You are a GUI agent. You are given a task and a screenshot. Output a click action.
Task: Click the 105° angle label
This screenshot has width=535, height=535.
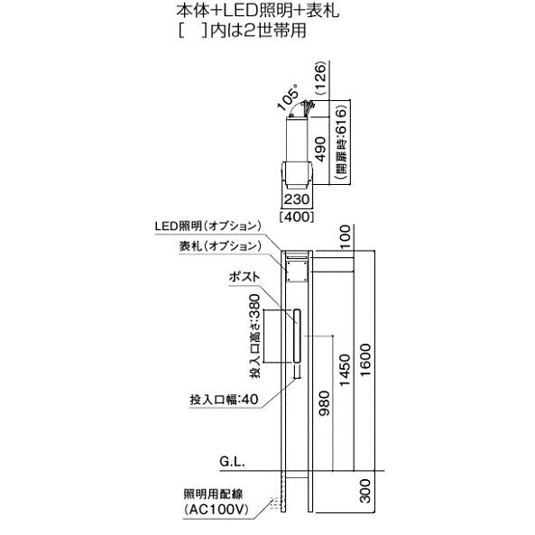(289, 97)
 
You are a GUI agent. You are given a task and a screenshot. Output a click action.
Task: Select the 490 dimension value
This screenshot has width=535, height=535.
(320, 149)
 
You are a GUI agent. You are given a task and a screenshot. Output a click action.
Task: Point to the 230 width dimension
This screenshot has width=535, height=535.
(297, 199)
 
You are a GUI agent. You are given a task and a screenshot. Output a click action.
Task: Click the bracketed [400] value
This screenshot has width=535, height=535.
(297, 217)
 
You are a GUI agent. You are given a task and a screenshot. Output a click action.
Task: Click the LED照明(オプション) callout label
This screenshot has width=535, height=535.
(208, 226)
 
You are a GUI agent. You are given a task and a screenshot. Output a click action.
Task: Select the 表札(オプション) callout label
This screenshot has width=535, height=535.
(220, 246)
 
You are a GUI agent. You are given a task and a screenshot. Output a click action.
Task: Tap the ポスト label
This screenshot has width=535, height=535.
(244, 277)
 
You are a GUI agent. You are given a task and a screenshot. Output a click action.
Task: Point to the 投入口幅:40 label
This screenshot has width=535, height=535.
(224, 400)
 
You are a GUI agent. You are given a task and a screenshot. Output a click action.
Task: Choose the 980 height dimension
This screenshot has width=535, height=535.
(325, 403)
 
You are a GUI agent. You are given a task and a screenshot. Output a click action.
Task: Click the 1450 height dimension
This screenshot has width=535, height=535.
(345, 370)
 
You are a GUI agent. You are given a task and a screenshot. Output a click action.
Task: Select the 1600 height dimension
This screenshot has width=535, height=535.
(365, 360)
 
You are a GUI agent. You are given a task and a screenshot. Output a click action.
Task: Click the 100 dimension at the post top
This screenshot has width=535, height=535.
(345, 237)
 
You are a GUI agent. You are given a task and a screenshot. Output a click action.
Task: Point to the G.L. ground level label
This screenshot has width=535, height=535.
(232, 462)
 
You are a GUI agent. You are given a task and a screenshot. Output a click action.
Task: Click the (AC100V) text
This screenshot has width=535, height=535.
(216, 510)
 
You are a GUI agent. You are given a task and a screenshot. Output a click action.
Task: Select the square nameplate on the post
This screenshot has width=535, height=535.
(297, 272)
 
